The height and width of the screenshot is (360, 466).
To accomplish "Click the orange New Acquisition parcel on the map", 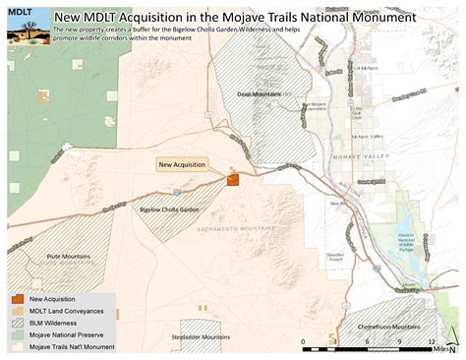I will (233, 179).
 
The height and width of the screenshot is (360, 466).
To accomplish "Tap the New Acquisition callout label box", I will (182, 164).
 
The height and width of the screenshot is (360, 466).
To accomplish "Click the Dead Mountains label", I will (260, 94).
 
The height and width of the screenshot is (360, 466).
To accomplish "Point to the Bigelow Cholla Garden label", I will (170, 210).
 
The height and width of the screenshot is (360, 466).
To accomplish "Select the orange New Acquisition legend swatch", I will (18, 299).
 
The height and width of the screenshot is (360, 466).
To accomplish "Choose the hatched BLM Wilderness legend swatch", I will (18, 322).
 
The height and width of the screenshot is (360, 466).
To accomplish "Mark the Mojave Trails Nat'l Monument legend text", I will (72, 345).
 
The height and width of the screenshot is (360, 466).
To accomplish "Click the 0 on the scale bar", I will (303, 340).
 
